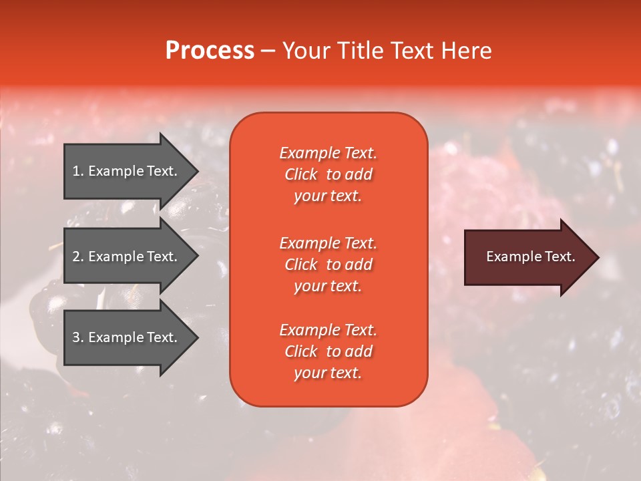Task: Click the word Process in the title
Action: point(210,51)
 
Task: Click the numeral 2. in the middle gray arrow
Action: point(77,257)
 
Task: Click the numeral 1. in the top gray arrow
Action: point(77,171)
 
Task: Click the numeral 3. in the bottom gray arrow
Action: point(77,337)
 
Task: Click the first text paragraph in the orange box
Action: point(328,174)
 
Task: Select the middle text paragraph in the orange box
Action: point(328,264)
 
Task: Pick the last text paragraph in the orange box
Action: point(328,351)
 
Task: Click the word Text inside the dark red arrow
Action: point(560,257)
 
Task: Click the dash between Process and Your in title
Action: point(268,51)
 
